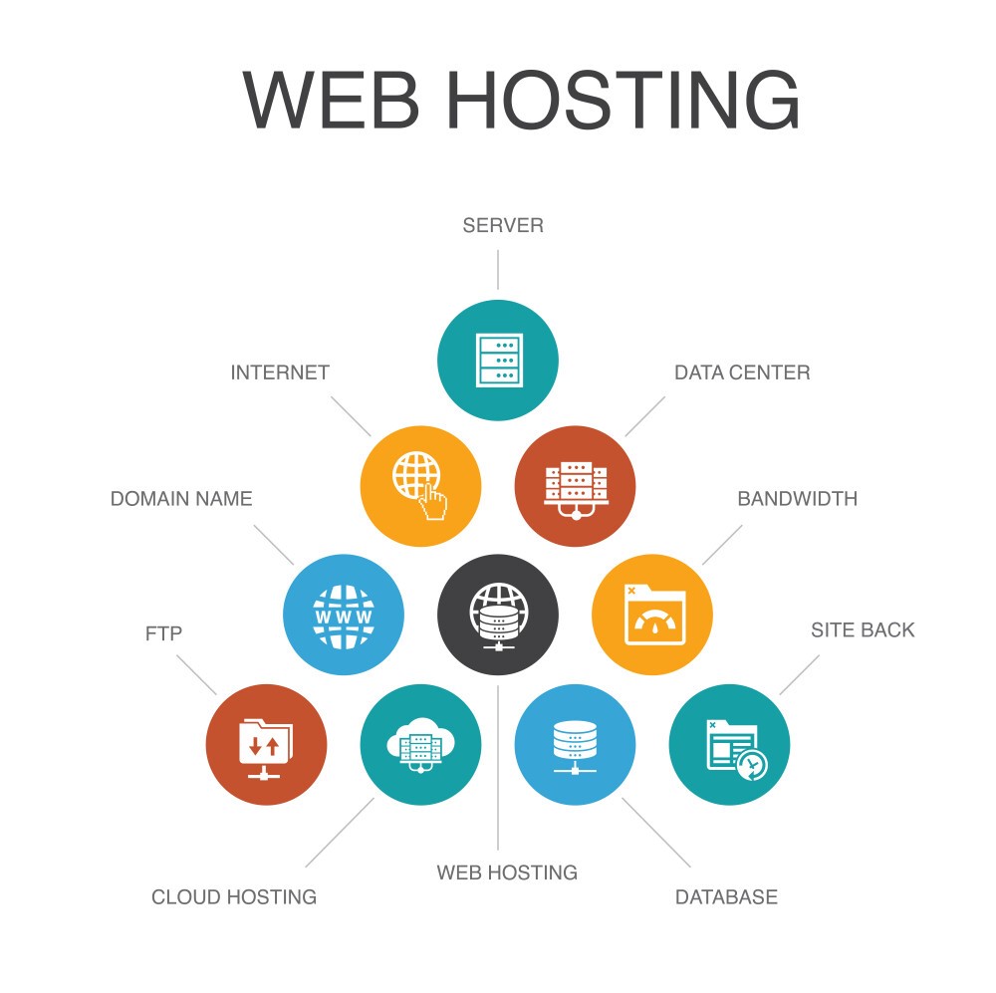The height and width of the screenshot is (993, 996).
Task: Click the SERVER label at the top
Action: (x=502, y=225)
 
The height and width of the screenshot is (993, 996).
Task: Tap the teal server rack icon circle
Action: (x=498, y=361)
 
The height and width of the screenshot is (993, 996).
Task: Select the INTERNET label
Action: (x=280, y=372)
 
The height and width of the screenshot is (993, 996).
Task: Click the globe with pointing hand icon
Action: (x=420, y=486)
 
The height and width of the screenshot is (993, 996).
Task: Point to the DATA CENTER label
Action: (x=742, y=372)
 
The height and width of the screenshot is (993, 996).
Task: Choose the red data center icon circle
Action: (x=575, y=486)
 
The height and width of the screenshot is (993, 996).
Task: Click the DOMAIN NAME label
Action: (x=181, y=499)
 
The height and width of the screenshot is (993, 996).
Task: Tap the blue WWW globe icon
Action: (x=344, y=615)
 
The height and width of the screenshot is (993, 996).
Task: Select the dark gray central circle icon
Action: (x=498, y=615)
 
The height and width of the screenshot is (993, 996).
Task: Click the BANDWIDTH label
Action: (x=797, y=499)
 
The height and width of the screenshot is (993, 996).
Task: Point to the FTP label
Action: (x=164, y=633)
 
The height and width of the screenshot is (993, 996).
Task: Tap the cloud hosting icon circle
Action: (x=420, y=745)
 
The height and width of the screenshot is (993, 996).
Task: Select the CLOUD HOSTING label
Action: (x=234, y=897)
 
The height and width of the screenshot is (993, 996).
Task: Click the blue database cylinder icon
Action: (x=575, y=745)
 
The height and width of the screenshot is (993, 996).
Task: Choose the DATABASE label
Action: (x=726, y=897)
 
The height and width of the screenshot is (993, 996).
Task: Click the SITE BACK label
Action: (x=863, y=629)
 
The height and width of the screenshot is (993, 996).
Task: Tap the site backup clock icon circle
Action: (x=729, y=745)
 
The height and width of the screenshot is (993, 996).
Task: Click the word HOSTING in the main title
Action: (x=623, y=100)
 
